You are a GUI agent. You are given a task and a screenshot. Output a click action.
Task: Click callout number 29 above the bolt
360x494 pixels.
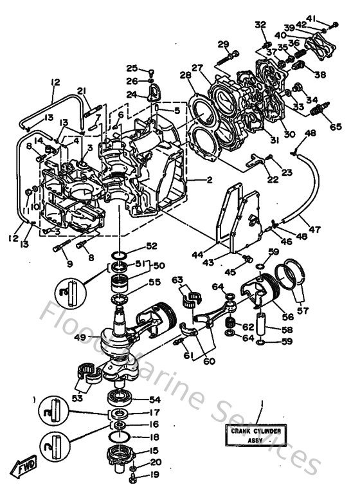pos(223,44)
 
